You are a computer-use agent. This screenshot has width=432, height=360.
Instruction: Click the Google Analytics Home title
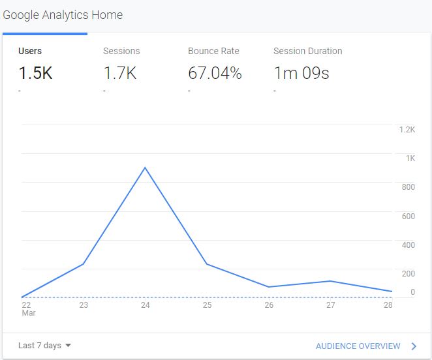(63, 14)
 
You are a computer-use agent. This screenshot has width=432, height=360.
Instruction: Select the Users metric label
(30, 51)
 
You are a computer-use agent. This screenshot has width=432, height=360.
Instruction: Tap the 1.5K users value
(35, 73)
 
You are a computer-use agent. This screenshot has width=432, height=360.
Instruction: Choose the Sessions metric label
(121, 51)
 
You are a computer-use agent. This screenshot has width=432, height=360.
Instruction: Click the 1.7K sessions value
(120, 73)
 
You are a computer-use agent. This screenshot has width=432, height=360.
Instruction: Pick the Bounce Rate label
(213, 51)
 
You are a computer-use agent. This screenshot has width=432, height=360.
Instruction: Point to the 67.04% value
(215, 73)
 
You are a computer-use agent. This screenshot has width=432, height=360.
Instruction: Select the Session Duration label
(307, 51)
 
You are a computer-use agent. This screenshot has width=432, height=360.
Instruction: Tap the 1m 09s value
(301, 73)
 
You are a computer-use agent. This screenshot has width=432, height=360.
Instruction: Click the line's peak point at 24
(145, 168)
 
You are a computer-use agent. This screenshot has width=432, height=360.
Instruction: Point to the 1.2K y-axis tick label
(407, 129)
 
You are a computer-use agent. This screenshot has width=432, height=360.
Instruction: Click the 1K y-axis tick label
(410, 158)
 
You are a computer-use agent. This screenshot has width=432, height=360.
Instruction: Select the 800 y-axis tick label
(408, 187)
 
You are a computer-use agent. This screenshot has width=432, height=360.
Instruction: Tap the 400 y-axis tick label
(408, 245)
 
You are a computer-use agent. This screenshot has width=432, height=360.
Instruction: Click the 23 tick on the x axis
(84, 305)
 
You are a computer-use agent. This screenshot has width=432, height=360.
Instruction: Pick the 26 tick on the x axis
(269, 305)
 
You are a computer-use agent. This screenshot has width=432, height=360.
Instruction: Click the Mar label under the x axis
(28, 313)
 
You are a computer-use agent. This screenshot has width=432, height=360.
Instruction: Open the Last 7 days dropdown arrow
(68, 346)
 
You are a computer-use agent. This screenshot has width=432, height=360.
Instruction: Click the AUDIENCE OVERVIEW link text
(358, 346)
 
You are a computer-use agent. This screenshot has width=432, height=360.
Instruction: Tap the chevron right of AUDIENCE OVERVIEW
(414, 346)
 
